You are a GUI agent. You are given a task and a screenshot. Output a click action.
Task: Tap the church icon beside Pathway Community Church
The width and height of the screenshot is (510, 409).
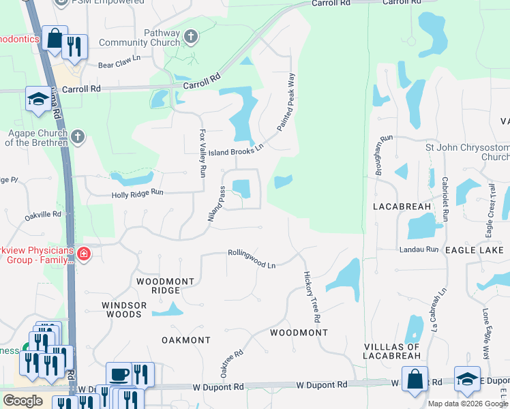(192, 35)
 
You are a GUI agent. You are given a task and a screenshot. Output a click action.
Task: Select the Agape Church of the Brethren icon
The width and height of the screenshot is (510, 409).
(78, 137)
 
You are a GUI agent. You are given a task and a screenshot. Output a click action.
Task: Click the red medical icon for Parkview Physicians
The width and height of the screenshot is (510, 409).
(83, 255)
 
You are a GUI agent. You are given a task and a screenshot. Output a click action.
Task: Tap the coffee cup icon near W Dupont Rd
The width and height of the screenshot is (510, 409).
(119, 374)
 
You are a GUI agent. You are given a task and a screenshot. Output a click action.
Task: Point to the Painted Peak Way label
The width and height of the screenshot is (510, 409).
(286, 102)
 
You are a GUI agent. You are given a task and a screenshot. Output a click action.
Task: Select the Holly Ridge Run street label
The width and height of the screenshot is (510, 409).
(138, 194)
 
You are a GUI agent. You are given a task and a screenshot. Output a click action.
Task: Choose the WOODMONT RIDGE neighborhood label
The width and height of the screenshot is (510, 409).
(165, 286)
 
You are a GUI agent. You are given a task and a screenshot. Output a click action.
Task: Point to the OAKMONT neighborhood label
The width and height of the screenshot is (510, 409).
(186, 339)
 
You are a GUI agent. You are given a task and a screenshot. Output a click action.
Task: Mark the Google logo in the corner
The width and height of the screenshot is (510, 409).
(22, 401)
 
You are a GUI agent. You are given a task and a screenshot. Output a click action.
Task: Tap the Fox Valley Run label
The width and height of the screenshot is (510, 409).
(202, 153)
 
